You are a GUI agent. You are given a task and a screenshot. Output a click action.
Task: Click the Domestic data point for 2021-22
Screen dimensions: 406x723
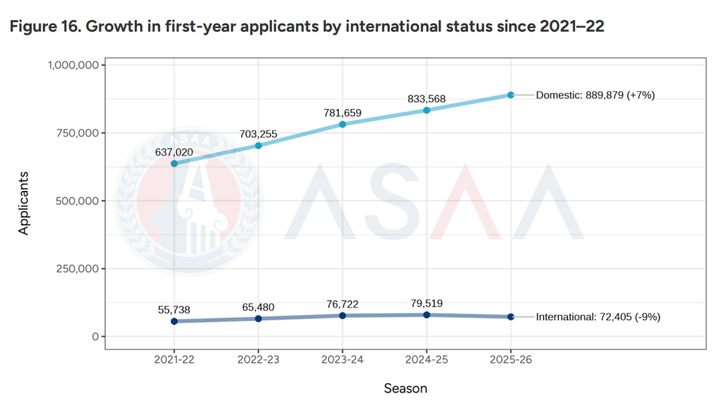(174, 163)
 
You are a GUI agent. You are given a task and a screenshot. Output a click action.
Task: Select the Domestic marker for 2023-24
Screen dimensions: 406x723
(342, 124)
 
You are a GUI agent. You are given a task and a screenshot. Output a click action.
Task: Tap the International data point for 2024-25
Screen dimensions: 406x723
(426, 314)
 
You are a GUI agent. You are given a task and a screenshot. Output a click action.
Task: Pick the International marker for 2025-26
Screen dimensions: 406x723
(510, 316)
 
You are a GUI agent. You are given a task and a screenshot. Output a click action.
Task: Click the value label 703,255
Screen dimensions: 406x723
(258, 133)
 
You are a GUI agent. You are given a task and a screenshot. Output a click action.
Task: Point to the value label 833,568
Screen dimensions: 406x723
(426, 99)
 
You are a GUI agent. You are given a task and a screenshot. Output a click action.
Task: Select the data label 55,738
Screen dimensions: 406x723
(174, 310)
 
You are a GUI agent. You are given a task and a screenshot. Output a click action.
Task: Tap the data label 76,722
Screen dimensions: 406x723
(342, 304)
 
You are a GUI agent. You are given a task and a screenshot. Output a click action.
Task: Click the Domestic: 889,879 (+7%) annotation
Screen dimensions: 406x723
(595, 95)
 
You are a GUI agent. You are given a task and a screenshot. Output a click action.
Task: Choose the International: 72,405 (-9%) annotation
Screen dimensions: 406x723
(598, 317)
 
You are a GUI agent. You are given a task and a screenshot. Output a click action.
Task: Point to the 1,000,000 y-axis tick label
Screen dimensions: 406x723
(74, 65)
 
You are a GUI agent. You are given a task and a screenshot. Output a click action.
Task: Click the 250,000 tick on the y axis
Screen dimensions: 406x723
(78, 269)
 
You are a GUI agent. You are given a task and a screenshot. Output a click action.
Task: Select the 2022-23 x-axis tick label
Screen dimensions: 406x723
(258, 360)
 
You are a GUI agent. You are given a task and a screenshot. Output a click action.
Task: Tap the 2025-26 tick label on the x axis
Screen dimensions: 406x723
(510, 360)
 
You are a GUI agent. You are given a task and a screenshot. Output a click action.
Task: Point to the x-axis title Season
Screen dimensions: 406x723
(405, 388)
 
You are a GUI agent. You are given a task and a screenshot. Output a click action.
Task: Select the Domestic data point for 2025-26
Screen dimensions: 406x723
(510, 95)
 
